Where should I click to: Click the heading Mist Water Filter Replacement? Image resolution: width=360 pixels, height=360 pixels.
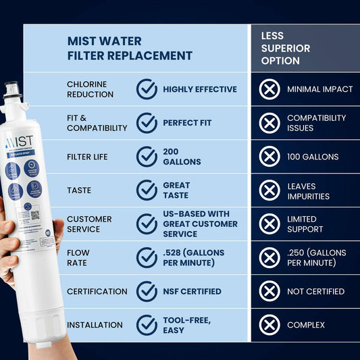tap(130, 48)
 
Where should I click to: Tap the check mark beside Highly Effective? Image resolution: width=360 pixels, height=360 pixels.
tap(147, 89)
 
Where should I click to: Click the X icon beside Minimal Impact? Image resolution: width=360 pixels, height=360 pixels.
tap(269, 89)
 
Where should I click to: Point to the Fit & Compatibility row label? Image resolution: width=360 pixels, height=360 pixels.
tap(97, 123)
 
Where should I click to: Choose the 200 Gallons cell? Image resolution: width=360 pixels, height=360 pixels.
tap(181, 157)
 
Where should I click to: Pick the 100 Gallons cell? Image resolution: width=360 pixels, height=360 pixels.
tap(313, 157)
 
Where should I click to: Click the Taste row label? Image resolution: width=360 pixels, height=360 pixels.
tap(79, 190)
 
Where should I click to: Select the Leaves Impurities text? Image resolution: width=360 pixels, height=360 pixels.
tap(308, 191)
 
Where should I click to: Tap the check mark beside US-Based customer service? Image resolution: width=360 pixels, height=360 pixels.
tap(147, 224)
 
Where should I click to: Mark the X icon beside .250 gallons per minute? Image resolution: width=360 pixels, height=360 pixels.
tap(269, 257)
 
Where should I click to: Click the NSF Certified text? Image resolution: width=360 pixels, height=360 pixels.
tap(192, 291)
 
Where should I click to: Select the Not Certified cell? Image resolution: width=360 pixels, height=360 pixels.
tap(315, 291)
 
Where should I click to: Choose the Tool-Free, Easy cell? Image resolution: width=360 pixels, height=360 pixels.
tap(186, 325)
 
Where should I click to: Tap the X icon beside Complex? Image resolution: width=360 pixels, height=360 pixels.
tap(269, 325)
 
